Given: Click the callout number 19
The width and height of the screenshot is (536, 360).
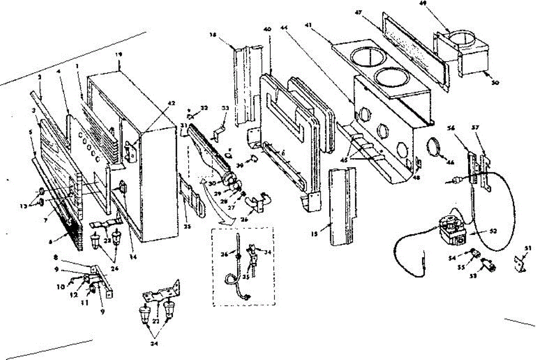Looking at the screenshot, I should (118, 54).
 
